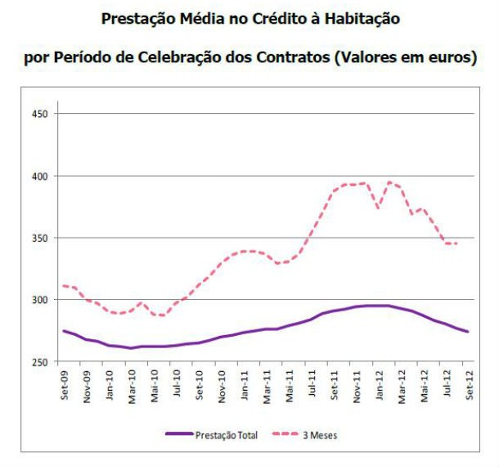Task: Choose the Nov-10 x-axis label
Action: (221, 383)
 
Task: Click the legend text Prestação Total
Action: (227, 436)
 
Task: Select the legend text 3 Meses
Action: (320, 436)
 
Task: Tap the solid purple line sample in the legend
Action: (179, 435)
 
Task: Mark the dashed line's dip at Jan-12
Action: (378, 207)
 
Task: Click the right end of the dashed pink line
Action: (456, 243)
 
